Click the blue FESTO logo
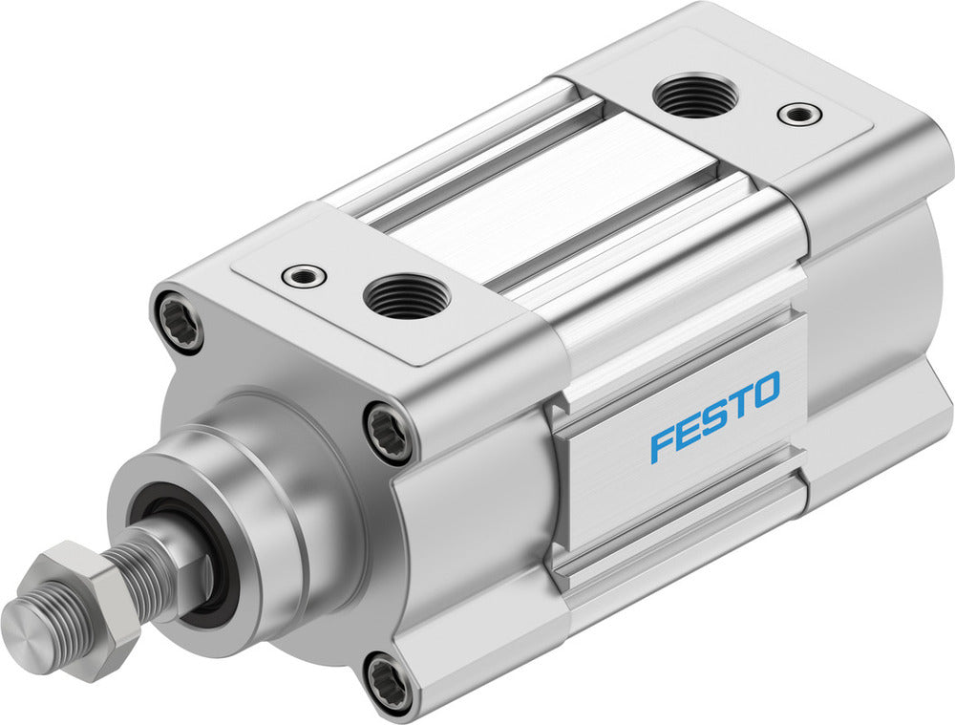pyautogui.click(x=714, y=416)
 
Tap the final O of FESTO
pyautogui.click(x=766, y=389)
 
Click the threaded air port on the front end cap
pyautogui.click(x=407, y=295)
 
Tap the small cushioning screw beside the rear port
pyautogui.click(x=798, y=114)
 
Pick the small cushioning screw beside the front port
pyautogui.click(x=305, y=276)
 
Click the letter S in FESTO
pyautogui.click(x=714, y=416)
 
